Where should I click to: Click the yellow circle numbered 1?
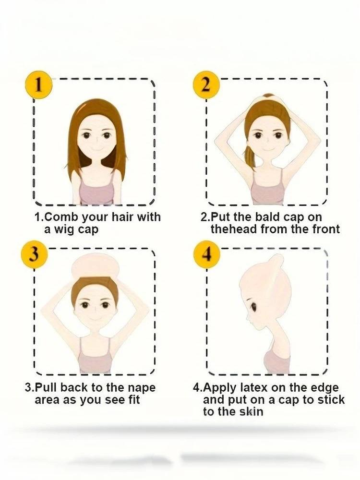click(38, 85)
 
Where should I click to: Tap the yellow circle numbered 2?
click(206, 85)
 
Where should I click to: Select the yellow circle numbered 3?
click(34, 255)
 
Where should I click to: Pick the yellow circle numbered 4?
click(207, 255)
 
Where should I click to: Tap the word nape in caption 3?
click(142, 388)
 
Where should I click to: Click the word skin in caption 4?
click(252, 412)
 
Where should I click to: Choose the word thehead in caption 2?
click(234, 229)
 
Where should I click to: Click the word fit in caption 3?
click(133, 400)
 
